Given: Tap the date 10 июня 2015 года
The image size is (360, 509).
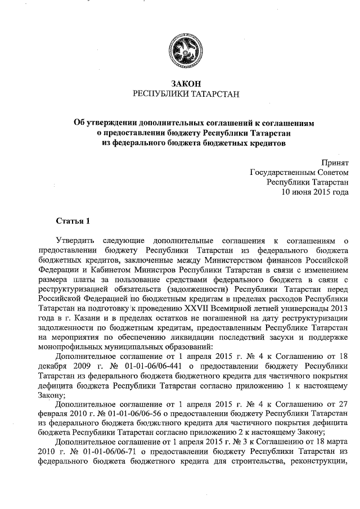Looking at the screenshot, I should tap(314, 192).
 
